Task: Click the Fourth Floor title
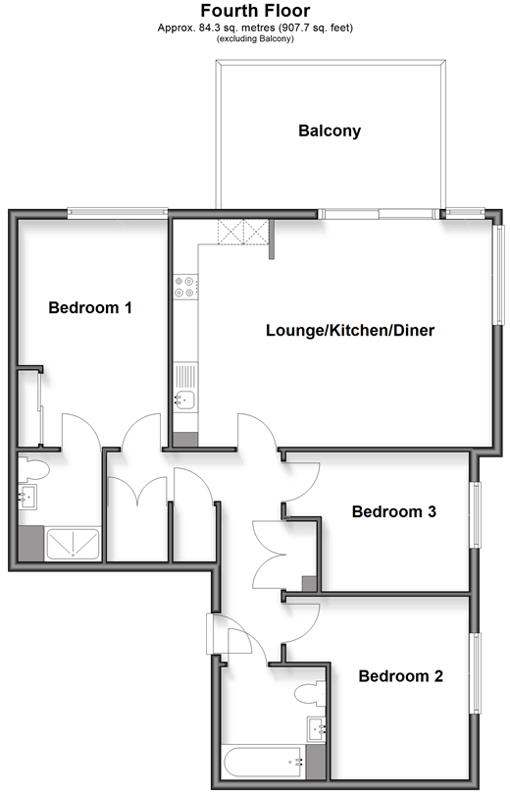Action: coord(255,11)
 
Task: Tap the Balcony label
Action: coord(330,132)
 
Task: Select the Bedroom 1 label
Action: coord(90,307)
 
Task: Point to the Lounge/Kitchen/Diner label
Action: coord(350,331)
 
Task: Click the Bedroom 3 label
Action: coord(394,511)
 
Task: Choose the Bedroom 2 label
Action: coord(401,676)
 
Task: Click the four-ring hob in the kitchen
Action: coord(185,287)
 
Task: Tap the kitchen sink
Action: coord(185,399)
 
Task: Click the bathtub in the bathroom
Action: coord(264,762)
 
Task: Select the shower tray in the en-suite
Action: coord(73,545)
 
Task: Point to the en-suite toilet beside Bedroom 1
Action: coord(33,468)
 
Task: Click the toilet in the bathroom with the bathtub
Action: coord(309,693)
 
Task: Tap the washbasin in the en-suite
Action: coord(27,497)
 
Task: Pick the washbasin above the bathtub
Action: coord(316,729)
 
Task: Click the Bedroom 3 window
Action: coord(476,514)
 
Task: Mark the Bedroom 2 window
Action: coord(476,673)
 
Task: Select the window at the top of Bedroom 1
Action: coord(118,212)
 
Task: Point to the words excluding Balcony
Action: coord(255,38)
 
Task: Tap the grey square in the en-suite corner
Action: coord(31,544)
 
